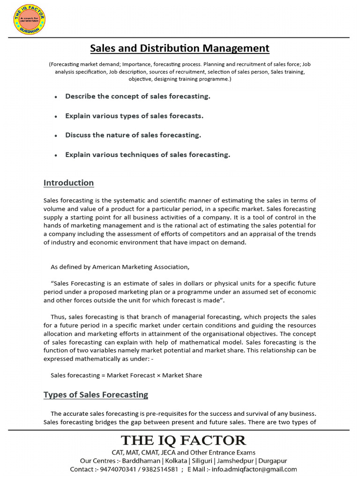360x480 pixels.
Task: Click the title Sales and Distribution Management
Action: tap(180, 48)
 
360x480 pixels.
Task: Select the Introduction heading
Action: tap(68, 183)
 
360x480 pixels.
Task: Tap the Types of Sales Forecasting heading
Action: tap(96, 395)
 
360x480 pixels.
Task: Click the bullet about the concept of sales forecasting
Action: tap(137, 97)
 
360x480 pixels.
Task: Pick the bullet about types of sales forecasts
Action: tap(134, 116)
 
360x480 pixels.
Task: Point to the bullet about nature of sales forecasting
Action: tap(133, 135)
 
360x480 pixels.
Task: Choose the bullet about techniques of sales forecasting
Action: tap(148, 155)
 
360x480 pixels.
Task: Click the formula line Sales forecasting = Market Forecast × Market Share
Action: tap(126, 375)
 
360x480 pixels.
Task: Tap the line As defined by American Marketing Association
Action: tap(120, 267)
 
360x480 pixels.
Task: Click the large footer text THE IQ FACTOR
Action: tap(183, 441)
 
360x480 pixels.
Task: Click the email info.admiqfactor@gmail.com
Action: tap(255, 469)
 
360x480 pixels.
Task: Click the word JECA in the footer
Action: tap(168, 452)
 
